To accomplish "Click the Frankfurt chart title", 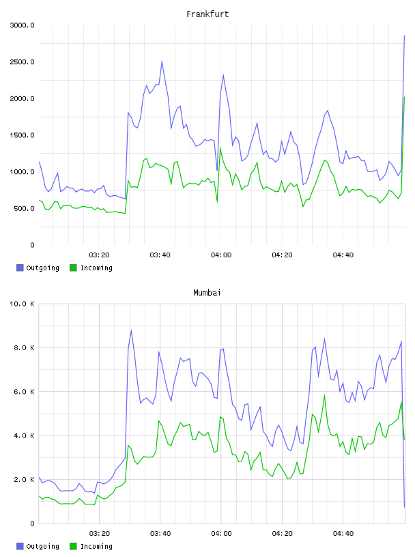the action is [x=207, y=14].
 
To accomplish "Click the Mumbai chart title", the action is [x=207, y=293].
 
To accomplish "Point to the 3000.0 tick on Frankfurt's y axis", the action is [x=23, y=25].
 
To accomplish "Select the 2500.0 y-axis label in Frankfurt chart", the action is [x=23, y=62].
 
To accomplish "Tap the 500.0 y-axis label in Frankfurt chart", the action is [x=24, y=208].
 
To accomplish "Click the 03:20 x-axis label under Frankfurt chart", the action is [x=99, y=255].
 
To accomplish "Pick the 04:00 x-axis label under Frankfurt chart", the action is [x=221, y=255].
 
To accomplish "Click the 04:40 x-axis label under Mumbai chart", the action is [x=343, y=533].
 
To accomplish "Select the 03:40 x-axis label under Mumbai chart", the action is [x=160, y=533].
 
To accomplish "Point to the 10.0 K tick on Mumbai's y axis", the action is [x=23, y=304].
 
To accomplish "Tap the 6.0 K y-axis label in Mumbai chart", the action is [x=24, y=391].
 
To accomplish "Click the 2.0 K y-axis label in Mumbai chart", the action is [x=24, y=480].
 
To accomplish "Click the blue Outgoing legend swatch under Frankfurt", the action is [x=20, y=268].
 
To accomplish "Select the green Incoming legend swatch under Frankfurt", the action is [x=73, y=268].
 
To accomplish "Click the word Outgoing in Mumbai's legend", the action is [x=42, y=546].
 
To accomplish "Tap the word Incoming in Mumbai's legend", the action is [x=96, y=546].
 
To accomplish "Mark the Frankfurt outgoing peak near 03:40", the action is [x=162, y=61].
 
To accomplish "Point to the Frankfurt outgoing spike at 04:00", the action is [x=223, y=74].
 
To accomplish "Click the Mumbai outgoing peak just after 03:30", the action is [x=132, y=330].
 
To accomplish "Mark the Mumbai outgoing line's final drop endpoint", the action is [x=404, y=507].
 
